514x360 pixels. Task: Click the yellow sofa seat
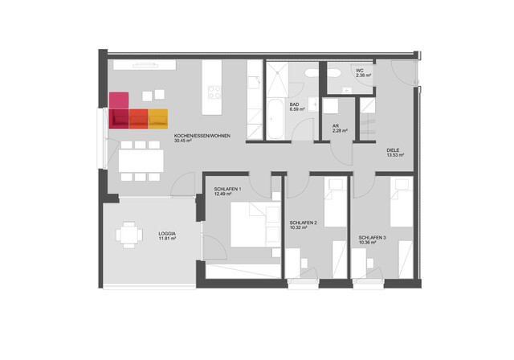pyautogui.click(x=158, y=118)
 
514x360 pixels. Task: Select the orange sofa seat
pyautogui.click(x=138, y=118)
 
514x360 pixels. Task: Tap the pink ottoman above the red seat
pyautogui.click(x=119, y=100)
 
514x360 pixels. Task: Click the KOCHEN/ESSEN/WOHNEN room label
pyautogui.click(x=202, y=136)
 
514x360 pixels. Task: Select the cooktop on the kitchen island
pyautogui.click(x=214, y=93)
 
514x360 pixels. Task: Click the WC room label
pyautogui.click(x=360, y=71)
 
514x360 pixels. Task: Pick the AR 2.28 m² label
pyautogui.click(x=339, y=128)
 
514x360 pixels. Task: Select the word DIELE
pyautogui.click(x=394, y=149)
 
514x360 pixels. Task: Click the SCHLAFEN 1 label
pyautogui.click(x=228, y=188)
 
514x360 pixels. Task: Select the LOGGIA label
pyautogui.click(x=167, y=232)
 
